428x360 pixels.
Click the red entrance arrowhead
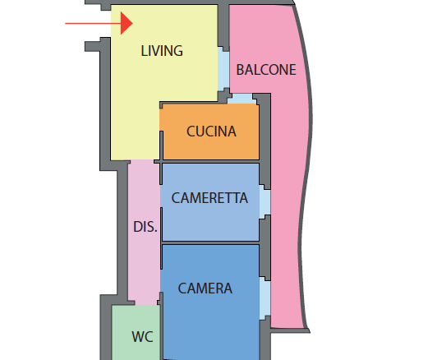pyautogui.click(x=127, y=23)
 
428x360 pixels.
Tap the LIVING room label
pyautogui.click(x=162, y=51)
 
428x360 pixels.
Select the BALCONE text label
pyautogui.click(x=266, y=70)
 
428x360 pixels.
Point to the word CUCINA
pyautogui.click(x=211, y=132)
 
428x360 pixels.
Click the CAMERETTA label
pyautogui.click(x=209, y=198)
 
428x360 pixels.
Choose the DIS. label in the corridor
pyautogui.click(x=145, y=227)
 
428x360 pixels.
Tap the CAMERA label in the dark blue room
pyautogui.click(x=205, y=288)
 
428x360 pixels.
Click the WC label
pyautogui.click(x=142, y=337)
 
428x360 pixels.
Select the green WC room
pyautogui.click(x=136, y=333)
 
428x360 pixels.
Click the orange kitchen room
pyautogui.click(x=209, y=132)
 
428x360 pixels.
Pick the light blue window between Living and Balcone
pyautogui.click(x=223, y=70)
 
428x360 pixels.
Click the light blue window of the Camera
pyautogui.click(x=265, y=298)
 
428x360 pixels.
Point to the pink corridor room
pyautogui.click(x=144, y=233)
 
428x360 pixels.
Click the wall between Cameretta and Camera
pyautogui.click(x=210, y=242)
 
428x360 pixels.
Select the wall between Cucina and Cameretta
pyautogui.click(x=210, y=162)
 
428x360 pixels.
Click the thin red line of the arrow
pyautogui.click(x=93, y=23)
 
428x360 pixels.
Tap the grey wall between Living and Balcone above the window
pyautogui.click(x=223, y=27)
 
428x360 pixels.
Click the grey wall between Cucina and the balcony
pyautogui.click(x=265, y=140)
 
